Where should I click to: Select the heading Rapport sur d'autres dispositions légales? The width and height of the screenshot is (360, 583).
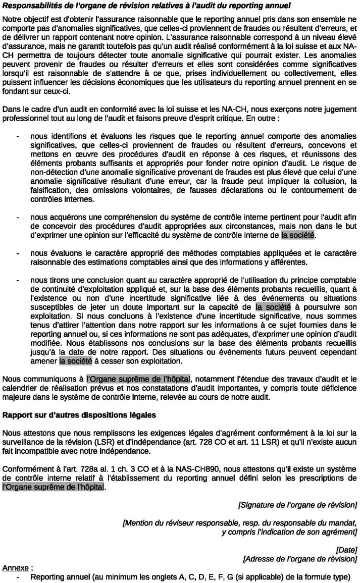pos(70,415)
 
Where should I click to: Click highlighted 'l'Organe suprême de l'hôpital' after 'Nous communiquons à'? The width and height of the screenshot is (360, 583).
pos(138,379)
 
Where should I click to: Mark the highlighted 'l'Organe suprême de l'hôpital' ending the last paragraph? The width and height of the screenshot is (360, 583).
pos(53,487)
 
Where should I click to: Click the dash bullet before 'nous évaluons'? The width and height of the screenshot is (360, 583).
pos(18,252)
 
